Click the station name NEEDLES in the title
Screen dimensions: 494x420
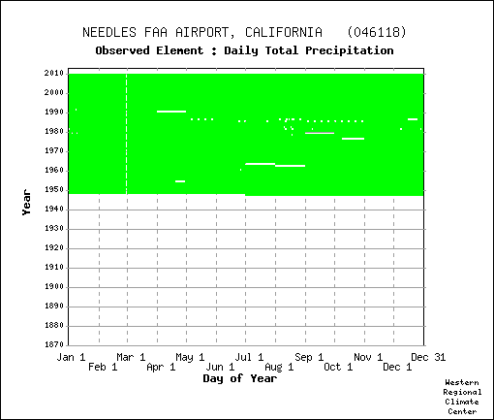(109, 32)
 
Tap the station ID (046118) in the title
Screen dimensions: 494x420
(377, 32)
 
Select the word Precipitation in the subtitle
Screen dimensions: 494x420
(350, 50)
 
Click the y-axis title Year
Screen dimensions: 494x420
(26, 203)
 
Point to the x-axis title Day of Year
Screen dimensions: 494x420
(240, 378)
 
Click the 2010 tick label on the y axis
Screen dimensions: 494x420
(54, 74)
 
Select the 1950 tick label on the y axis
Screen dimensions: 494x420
(54, 190)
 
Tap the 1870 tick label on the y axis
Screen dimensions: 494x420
(54, 344)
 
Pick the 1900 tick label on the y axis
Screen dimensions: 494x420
(54, 286)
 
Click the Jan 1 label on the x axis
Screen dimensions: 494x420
(71, 357)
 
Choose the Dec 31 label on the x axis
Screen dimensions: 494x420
(428, 357)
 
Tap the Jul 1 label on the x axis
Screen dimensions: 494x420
(249, 357)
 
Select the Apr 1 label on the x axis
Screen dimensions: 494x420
(161, 367)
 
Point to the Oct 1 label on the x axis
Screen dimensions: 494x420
(338, 367)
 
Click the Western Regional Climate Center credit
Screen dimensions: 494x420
(462, 397)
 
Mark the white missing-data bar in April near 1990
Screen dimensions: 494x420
(171, 112)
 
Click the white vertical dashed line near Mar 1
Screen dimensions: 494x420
(127, 134)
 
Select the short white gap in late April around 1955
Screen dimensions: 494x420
(180, 181)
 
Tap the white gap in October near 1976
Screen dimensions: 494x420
(353, 139)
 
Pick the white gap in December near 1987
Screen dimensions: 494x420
(413, 119)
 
